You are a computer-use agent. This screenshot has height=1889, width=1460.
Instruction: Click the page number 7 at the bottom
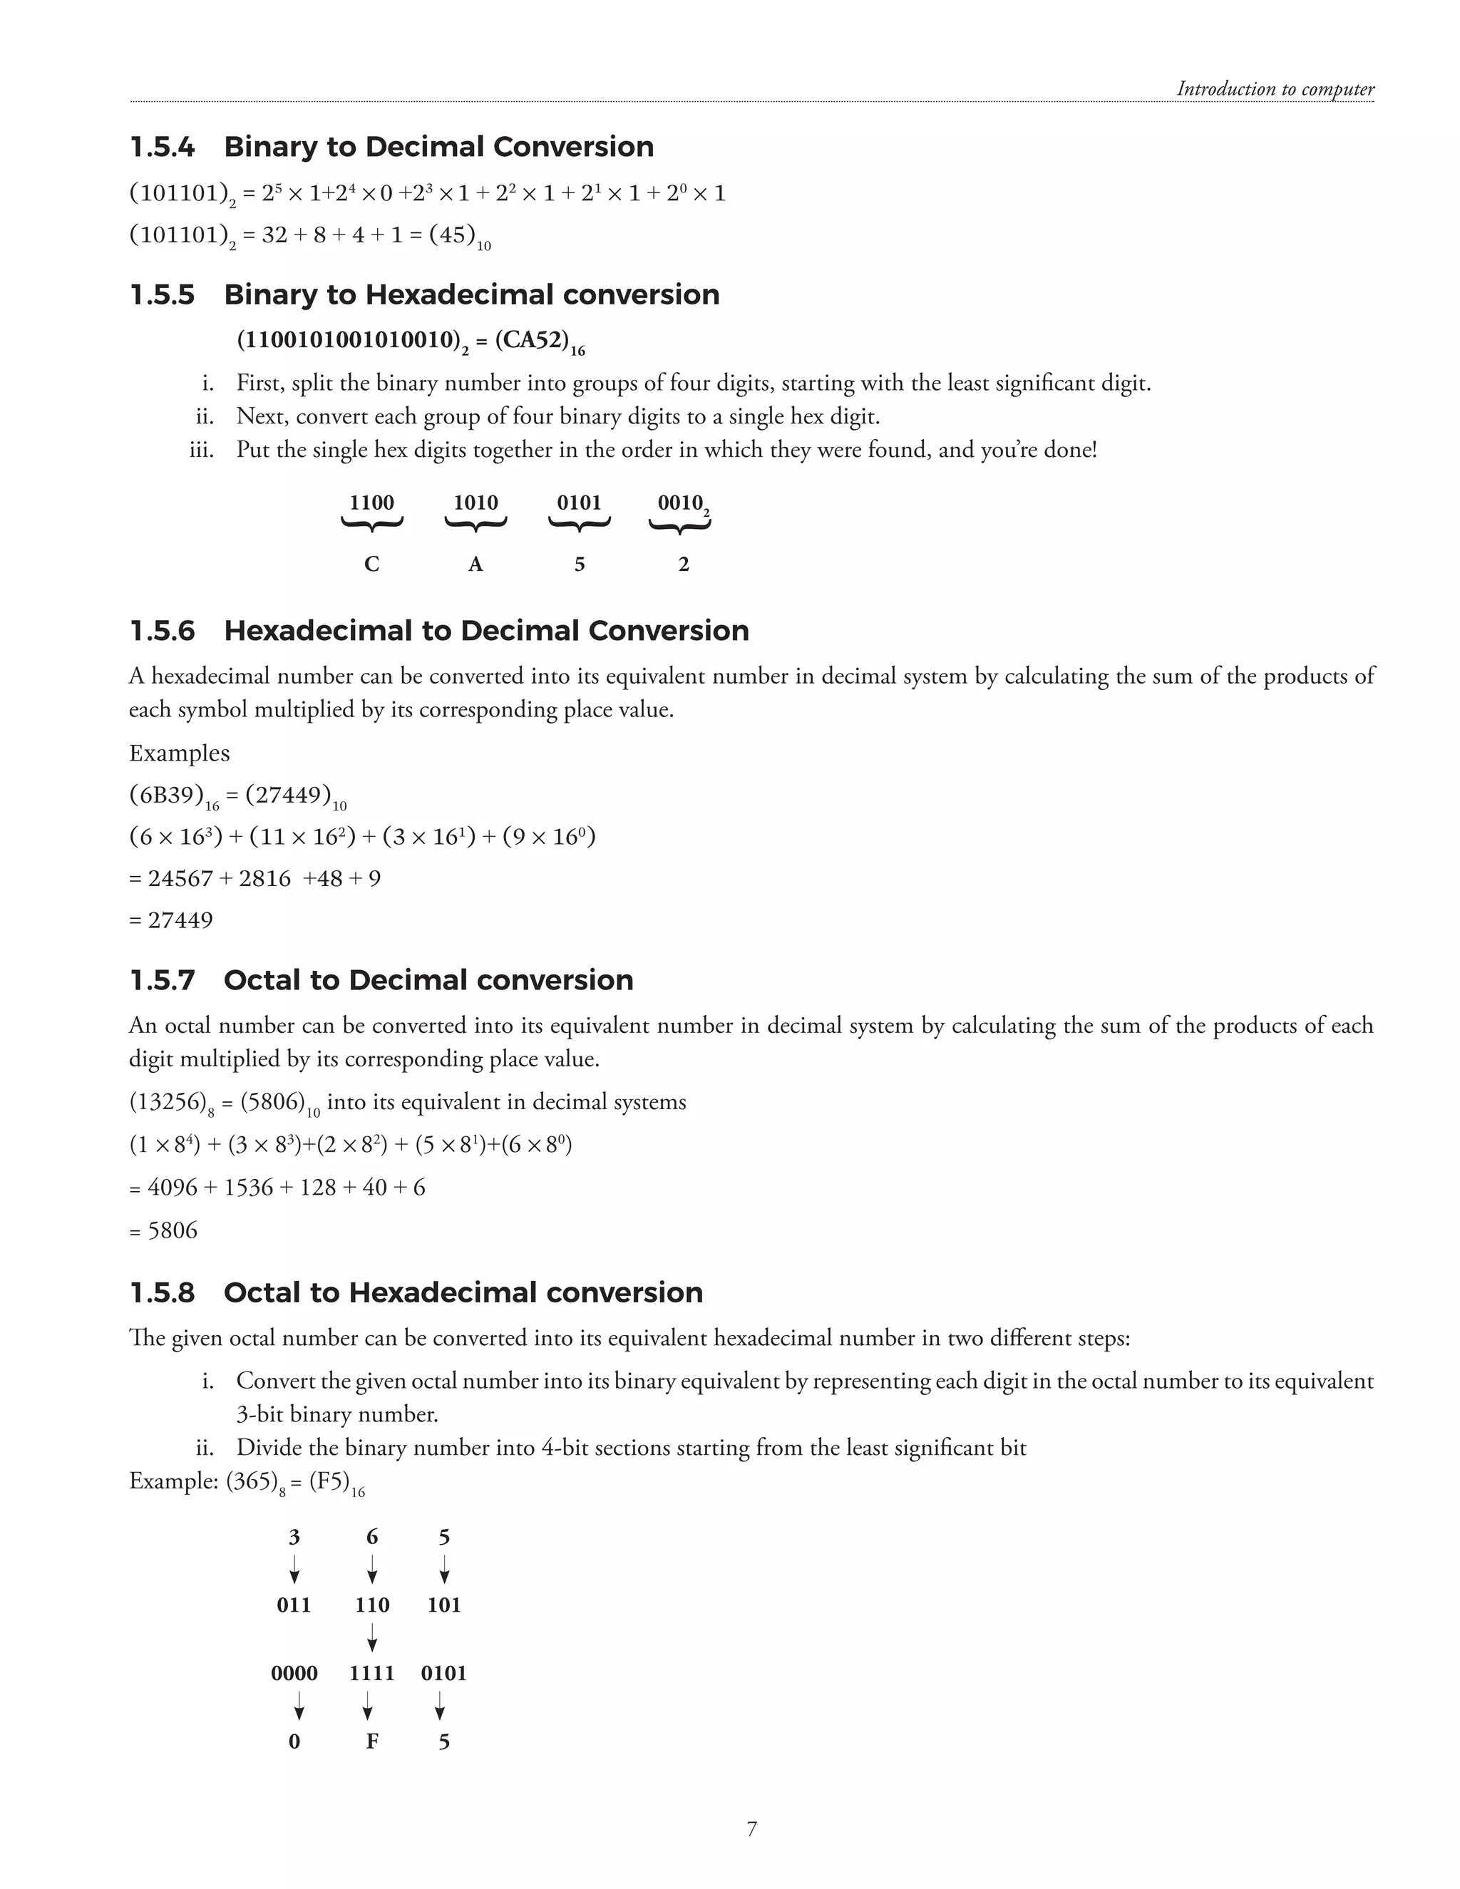click(751, 1828)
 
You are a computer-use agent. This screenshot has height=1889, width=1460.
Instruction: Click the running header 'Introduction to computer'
click(1274, 89)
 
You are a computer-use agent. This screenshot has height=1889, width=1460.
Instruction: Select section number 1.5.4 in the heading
click(162, 147)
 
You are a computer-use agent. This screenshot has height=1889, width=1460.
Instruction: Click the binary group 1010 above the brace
click(475, 503)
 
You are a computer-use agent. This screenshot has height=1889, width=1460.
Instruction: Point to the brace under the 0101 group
click(580, 524)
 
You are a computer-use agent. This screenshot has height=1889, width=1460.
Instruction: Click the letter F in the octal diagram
click(372, 1741)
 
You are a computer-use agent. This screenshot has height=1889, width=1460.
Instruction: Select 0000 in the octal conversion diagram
click(294, 1673)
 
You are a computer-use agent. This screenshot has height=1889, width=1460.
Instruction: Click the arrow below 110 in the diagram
click(372, 1638)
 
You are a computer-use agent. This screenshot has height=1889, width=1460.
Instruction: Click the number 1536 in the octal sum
click(248, 1188)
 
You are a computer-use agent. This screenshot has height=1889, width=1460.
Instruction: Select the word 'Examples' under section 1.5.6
click(179, 753)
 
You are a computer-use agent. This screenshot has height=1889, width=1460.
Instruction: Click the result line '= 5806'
click(163, 1230)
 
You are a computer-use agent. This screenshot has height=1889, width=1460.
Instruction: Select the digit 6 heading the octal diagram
click(372, 1537)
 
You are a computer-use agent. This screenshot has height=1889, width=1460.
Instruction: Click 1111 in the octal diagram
click(372, 1673)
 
